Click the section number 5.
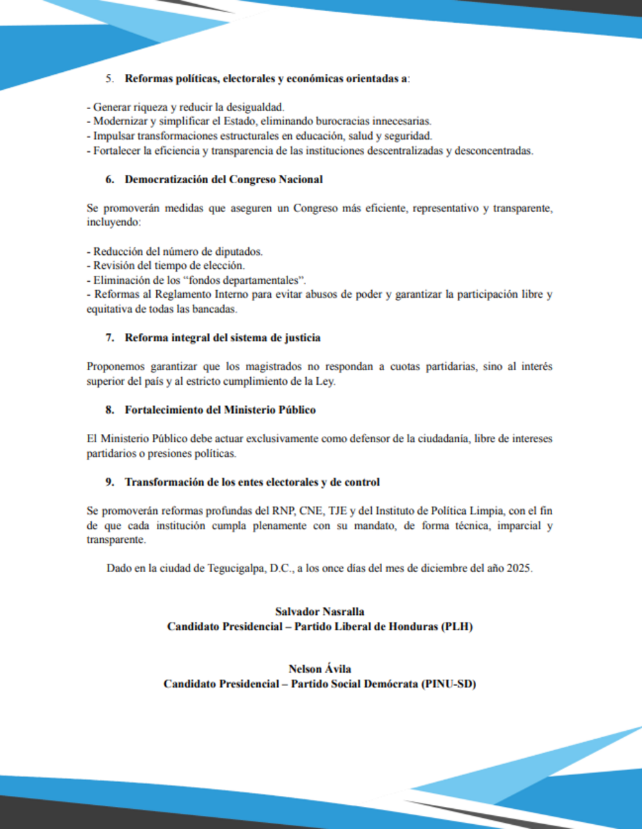[109, 78]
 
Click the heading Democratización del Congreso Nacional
[223, 180]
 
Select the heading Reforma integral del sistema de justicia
[223, 338]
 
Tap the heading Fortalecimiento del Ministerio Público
[220, 410]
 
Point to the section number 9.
[109, 482]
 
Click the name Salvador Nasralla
[319, 611]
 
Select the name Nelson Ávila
[320, 669]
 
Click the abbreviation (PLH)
[456, 627]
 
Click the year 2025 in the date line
[518, 569]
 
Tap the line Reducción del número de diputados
[175, 251]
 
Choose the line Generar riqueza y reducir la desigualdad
[186, 108]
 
